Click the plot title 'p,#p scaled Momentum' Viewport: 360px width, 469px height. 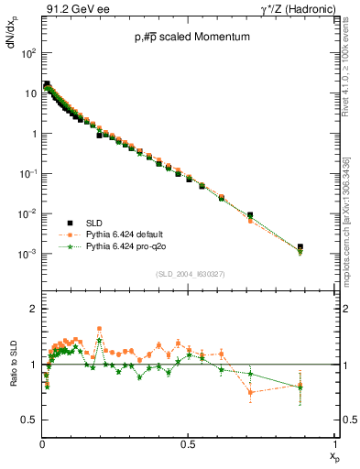(189, 38)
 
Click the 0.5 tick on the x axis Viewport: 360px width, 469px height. (188, 444)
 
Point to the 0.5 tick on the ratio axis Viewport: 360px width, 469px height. (30, 420)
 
